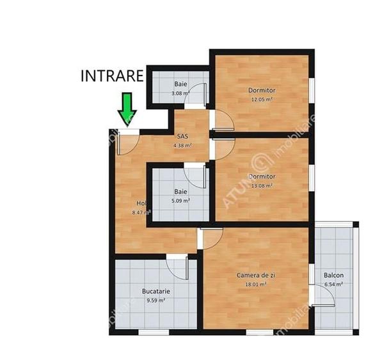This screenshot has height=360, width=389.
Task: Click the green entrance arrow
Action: [x=127, y=108]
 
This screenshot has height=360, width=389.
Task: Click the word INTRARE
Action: [x=112, y=76]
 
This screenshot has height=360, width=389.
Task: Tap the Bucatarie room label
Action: [x=155, y=292]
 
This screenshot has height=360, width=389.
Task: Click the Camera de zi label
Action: [x=256, y=275]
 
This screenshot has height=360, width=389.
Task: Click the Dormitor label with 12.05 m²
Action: [x=262, y=90]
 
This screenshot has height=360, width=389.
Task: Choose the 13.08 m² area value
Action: [x=262, y=185]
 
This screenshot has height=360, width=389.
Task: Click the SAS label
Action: [x=182, y=137]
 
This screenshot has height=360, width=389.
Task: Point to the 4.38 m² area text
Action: [x=182, y=145]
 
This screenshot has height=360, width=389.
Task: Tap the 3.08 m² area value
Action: [x=180, y=93]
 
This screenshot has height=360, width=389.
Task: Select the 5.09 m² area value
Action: [x=180, y=200]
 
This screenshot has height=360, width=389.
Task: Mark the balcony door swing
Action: [x=324, y=295]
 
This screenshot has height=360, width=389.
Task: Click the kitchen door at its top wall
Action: [x=177, y=263]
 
